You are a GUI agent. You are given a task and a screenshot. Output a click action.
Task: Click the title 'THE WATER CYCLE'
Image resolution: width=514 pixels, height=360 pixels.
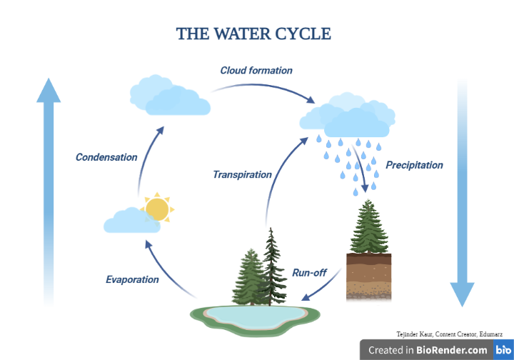253,34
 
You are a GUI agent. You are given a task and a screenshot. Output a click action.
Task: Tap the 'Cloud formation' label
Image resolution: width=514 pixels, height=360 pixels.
256,71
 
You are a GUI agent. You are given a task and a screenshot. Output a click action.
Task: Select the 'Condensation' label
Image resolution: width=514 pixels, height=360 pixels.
106,157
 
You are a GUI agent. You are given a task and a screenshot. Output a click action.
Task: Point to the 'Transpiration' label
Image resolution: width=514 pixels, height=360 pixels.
242,174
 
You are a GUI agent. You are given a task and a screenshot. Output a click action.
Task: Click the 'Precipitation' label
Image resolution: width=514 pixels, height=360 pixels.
414,165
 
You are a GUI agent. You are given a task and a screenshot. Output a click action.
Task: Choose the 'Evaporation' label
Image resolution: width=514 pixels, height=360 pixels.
132,279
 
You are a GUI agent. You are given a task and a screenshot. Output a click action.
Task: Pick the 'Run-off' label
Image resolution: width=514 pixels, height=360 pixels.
308,271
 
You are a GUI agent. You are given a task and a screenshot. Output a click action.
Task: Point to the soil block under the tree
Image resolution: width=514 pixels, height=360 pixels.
368,276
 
